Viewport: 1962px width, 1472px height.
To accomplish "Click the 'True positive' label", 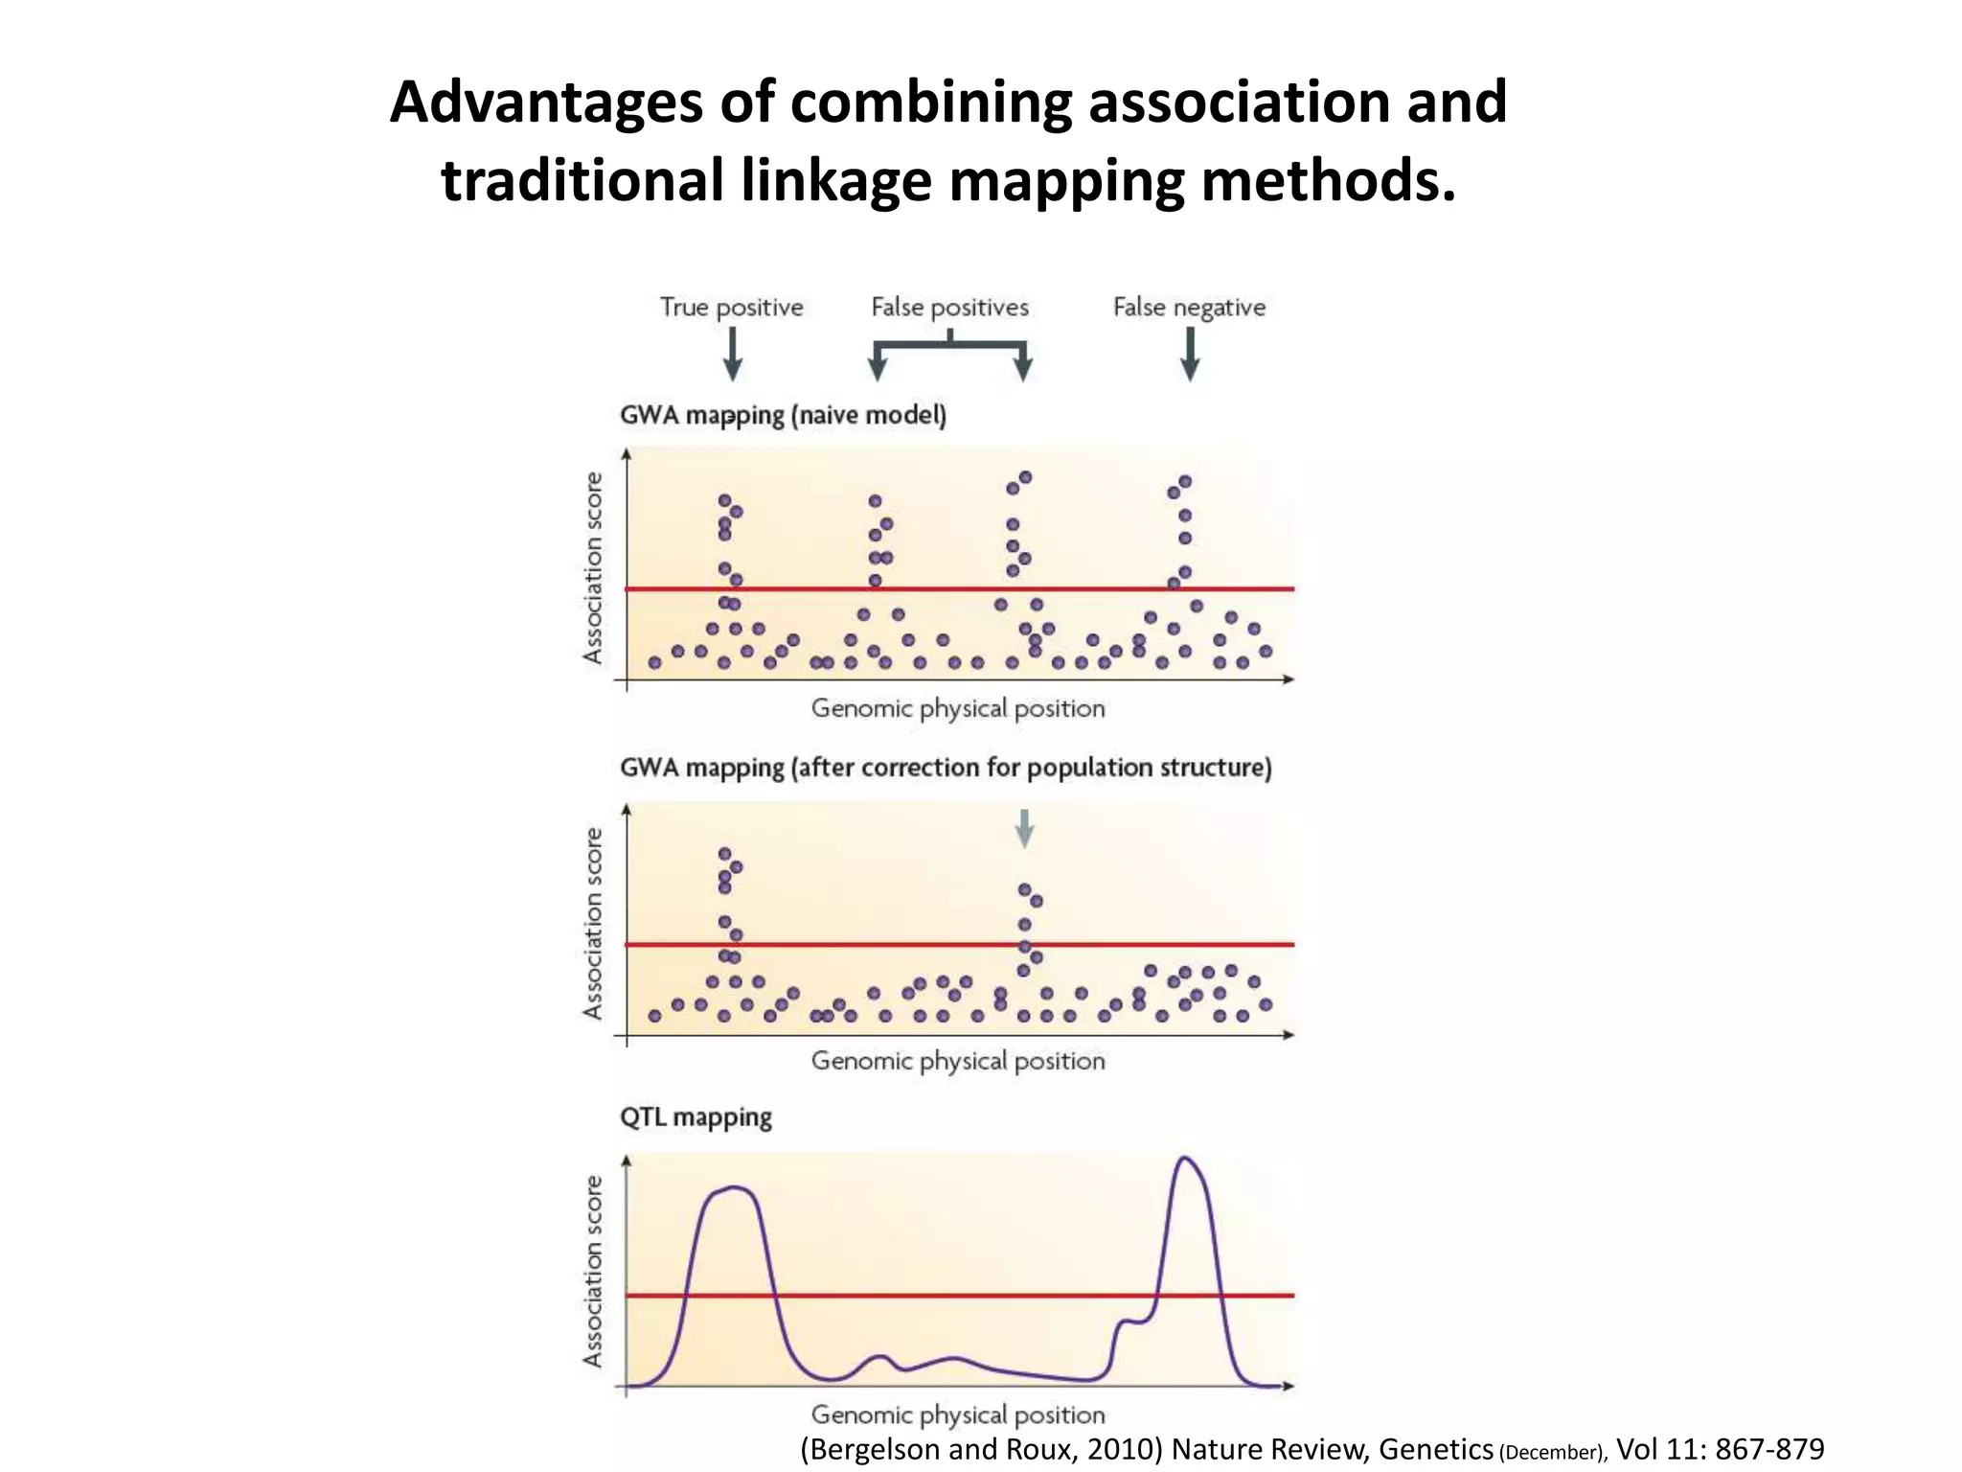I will point(731,308).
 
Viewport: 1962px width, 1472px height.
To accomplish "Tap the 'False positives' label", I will point(949,308).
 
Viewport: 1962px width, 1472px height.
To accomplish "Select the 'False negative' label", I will point(1189,308).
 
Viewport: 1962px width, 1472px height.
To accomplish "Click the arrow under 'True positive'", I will point(733,355).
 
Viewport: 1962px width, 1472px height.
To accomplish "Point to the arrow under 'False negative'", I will point(1190,355).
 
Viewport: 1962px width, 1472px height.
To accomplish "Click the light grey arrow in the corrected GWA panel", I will point(1024,829).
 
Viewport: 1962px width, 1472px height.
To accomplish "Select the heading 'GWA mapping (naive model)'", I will point(783,416).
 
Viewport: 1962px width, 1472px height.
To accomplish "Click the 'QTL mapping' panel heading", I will point(696,1117).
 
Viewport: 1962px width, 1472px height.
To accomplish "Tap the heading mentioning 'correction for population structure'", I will point(946,769).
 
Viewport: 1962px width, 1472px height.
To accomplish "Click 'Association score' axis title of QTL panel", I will point(594,1271).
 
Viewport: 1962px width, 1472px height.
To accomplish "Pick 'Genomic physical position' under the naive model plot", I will point(958,709).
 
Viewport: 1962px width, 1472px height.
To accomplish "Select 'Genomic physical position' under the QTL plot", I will point(958,1414).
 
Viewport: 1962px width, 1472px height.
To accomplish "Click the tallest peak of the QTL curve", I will point(1185,1160).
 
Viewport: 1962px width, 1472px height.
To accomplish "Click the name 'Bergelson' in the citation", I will point(873,1449).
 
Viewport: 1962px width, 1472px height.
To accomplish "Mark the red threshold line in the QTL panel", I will point(958,1296).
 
